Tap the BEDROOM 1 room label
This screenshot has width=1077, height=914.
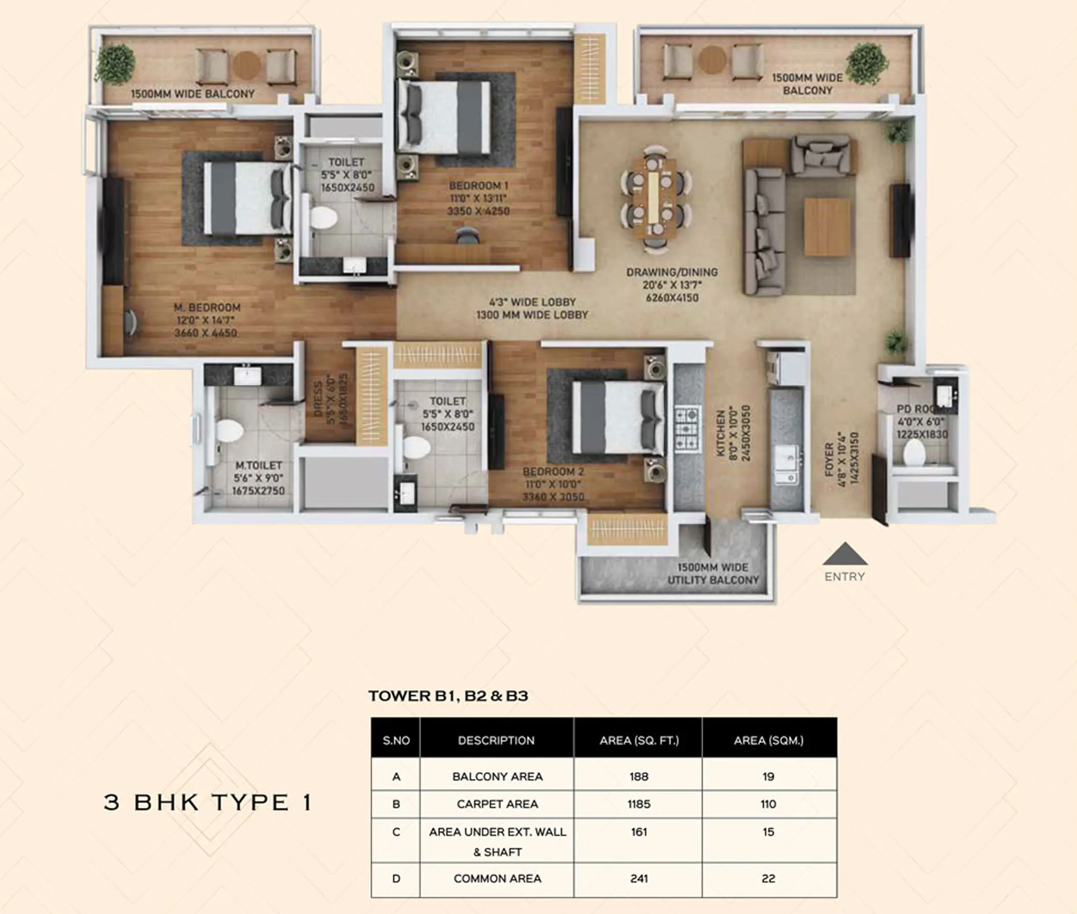[478, 185]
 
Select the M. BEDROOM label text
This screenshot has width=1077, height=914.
[207, 307]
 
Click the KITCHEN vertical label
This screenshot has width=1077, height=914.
[721, 433]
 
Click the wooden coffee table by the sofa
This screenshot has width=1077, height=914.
[827, 227]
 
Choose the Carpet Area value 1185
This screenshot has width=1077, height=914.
[638, 804]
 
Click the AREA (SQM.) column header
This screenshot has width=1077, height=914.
[769, 741]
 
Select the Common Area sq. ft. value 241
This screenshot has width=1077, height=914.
[638, 878]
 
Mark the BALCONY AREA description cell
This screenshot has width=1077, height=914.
[497, 776]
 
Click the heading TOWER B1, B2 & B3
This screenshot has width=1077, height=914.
[448, 695]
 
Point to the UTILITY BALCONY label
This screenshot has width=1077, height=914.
[713, 574]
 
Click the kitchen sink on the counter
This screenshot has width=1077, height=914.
[785, 463]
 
